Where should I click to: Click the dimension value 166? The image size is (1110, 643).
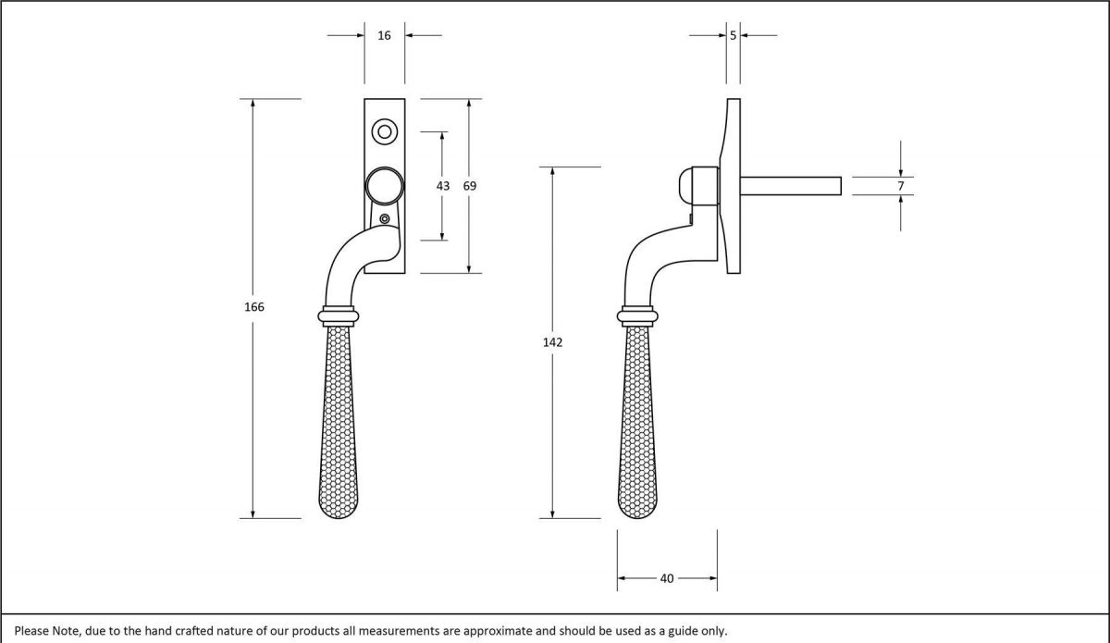(254, 306)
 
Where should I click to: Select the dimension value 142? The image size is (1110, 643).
(552, 342)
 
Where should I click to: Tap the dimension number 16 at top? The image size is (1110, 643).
(384, 36)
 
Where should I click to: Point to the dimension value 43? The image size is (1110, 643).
(443, 186)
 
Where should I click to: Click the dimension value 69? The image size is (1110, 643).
(470, 186)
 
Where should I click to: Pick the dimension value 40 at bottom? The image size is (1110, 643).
(667, 578)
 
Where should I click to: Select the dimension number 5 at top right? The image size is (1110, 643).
(733, 36)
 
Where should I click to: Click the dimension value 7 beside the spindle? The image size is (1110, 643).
(901, 186)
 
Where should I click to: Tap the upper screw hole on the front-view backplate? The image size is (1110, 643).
(384, 131)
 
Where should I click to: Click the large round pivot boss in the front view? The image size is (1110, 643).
(383, 186)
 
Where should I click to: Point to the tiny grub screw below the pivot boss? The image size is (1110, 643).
(385, 219)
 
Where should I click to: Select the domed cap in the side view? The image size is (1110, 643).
(700, 186)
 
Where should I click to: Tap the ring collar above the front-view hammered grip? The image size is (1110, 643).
(339, 315)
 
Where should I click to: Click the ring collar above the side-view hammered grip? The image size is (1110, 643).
(637, 315)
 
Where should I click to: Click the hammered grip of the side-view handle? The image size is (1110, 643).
(637, 416)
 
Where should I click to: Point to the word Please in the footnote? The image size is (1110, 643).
(32, 631)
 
